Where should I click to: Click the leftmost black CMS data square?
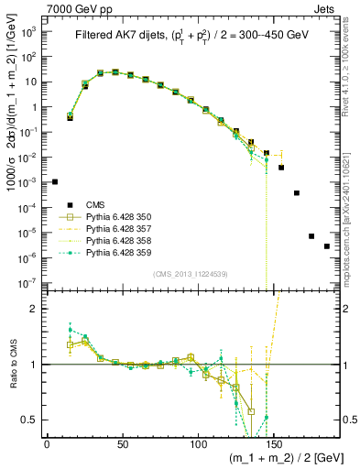55,182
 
